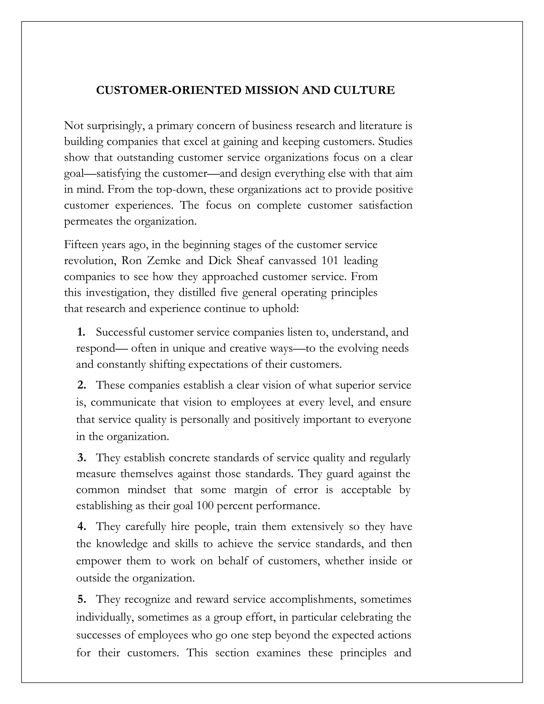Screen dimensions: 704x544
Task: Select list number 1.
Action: (81, 332)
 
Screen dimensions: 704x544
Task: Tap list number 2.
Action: (82, 385)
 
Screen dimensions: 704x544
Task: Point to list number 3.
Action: (82, 457)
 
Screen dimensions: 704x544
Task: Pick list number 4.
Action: (82, 526)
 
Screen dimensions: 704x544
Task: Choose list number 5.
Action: (82, 599)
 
